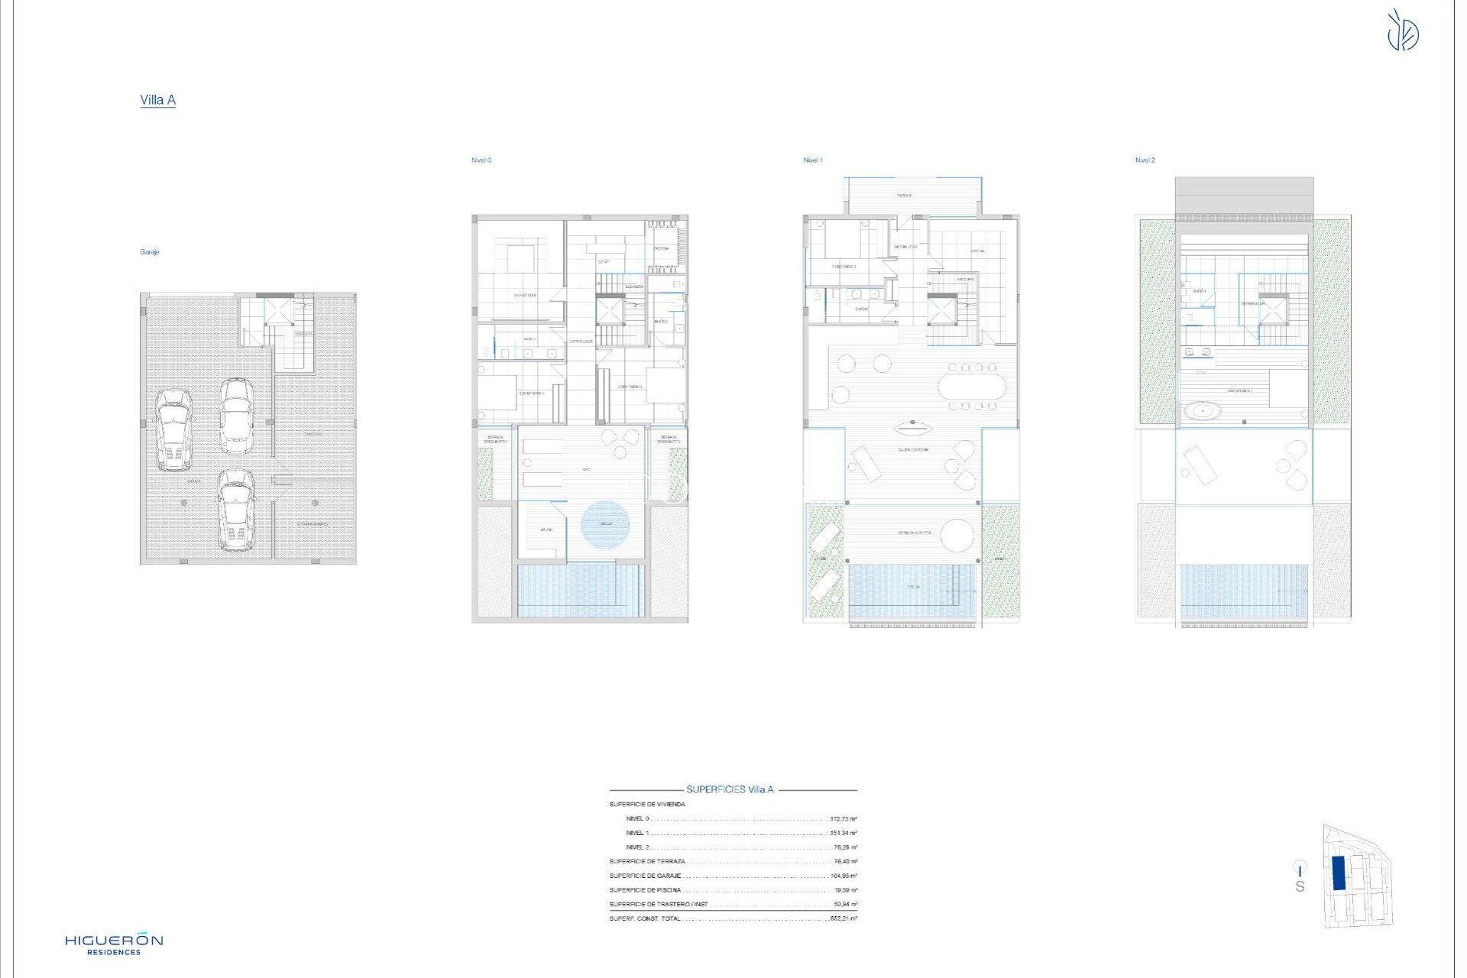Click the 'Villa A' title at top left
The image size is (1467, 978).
(x=158, y=100)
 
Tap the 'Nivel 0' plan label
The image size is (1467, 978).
(x=481, y=160)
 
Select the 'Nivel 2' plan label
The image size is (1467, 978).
(x=1145, y=160)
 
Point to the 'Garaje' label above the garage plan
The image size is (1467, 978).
(x=150, y=252)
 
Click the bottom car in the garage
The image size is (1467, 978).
(x=235, y=510)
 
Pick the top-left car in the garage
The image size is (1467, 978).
(x=174, y=429)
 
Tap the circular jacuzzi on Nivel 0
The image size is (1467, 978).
(x=605, y=523)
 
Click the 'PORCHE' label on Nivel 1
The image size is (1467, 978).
(x=905, y=196)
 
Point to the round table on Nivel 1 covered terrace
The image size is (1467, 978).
(x=957, y=535)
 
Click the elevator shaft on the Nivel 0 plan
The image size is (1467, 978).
(x=610, y=311)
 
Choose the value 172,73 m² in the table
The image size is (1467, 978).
(x=844, y=819)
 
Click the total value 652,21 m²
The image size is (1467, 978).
(x=844, y=918)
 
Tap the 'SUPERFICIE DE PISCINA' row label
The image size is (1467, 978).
(x=646, y=890)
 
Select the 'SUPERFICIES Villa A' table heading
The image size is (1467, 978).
(x=730, y=790)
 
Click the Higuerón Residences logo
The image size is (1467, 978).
(x=114, y=944)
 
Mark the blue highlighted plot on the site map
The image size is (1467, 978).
(x=1339, y=873)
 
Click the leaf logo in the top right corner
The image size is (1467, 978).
(x=1403, y=31)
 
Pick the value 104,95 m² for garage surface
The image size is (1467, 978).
(x=844, y=876)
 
